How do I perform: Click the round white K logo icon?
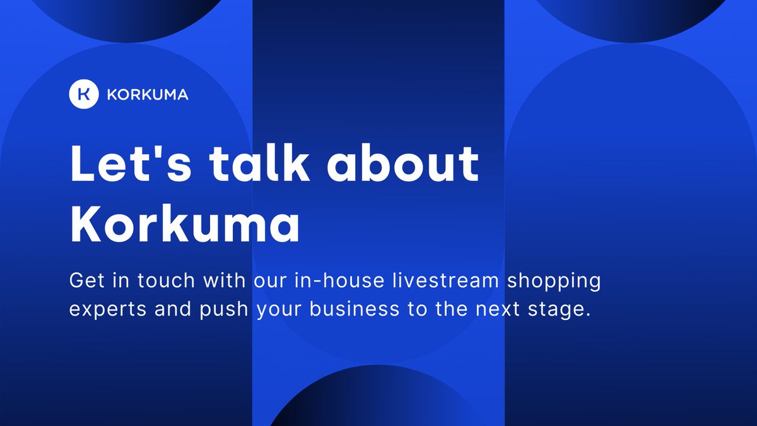coord(84,95)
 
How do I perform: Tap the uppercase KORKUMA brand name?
coord(148,95)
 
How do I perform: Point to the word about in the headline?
coord(404,163)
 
